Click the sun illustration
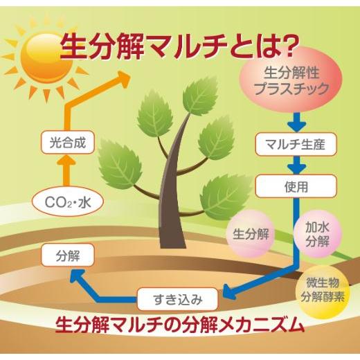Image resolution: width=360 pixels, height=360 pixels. click(x=46, y=57)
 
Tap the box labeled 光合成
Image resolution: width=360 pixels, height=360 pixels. click(x=68, y=143)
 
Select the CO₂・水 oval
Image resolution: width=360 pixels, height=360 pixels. click(x=68, y=202)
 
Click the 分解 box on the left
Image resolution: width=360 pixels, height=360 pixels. click(x=68, y=255)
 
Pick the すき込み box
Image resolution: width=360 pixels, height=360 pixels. click(x=177, y=299)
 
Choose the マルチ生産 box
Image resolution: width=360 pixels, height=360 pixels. click(x=296, y=144)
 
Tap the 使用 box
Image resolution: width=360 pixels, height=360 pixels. click(x=296, y=186)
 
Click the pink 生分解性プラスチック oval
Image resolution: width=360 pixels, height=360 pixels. click(x=290, y=80)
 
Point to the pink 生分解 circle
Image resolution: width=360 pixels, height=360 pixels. click(x=251, y=234)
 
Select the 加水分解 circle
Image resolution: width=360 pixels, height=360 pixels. click(x=317, y=234)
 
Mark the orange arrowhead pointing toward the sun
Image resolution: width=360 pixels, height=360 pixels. click(x=123, y=78)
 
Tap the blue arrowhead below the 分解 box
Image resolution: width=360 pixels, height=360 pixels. click(x=77, y=276)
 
